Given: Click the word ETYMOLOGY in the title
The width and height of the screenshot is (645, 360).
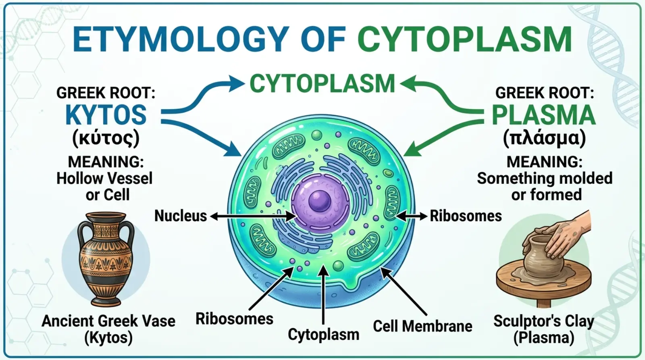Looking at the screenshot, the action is [181, 40].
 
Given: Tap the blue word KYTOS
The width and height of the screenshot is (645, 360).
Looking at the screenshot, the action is [106, 114].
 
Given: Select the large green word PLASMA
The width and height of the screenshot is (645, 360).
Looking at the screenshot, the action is [544, 115].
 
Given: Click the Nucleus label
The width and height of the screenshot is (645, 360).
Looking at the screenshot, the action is [181, 216].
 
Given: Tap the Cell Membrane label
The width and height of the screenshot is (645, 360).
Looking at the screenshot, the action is [422, 326].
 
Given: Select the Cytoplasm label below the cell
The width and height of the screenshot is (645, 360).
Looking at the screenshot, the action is [323, 335].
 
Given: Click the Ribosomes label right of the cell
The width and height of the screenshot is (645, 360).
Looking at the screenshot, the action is [466, 216].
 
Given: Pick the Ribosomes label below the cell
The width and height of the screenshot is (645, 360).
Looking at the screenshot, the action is [234, 319].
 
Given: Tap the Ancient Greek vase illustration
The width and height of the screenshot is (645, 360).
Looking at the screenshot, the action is [106, 259].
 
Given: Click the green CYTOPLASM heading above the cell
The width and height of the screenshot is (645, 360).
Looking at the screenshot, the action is [322, 83].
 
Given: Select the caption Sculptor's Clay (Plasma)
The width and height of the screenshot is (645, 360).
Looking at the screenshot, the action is [544, 329].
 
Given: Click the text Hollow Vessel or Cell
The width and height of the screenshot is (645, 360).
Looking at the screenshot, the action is [104, 187].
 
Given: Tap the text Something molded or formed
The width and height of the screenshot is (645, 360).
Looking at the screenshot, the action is [545, 187].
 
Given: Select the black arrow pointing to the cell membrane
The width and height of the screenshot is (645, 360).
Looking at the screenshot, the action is [404, 291].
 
